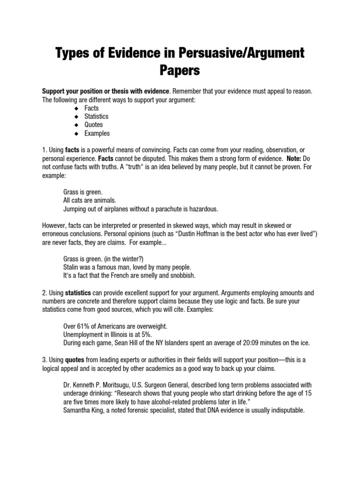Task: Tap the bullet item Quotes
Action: (93, 125)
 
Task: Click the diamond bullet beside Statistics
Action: (76, 116)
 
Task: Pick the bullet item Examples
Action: (97, 133)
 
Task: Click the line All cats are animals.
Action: (89, 200)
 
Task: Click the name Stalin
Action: (72, 267)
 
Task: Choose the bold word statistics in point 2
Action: (78, 293)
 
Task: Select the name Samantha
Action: (76, 410)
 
